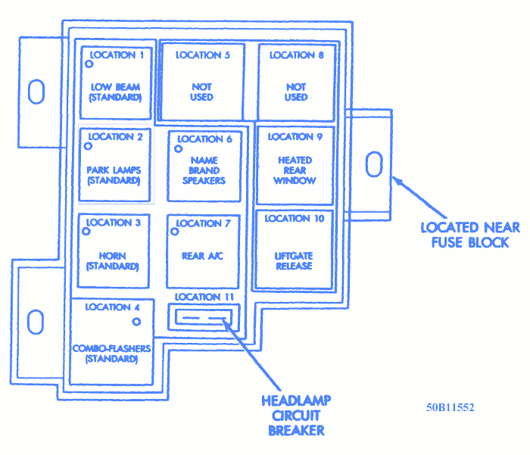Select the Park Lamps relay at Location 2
(x=114, y=164)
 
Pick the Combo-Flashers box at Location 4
(x=111, y=341)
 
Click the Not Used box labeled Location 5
(x=202, y=81)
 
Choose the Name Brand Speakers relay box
(x=204, y=167)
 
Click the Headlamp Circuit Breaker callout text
(x=296, y=415)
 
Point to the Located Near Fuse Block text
(x=470, y=235)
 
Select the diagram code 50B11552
(x=450, y=407)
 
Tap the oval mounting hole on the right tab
(x=373, y=164)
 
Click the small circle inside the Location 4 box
(x=136, y=322)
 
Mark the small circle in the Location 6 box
(x=179, y=148)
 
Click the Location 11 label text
(x=203, y=296)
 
